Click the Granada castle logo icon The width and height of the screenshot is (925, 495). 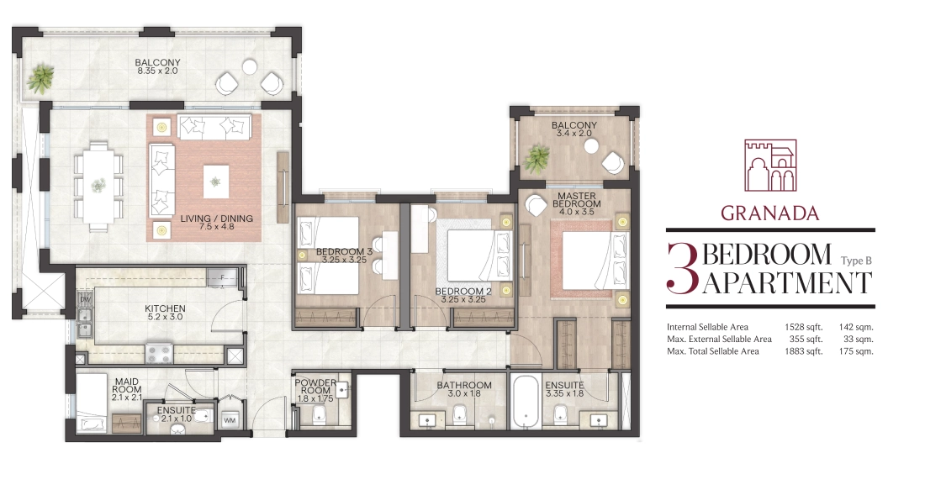coord(769,166)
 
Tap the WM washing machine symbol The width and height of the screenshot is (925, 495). coord(229,421)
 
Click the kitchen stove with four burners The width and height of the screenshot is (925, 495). coord(159,354)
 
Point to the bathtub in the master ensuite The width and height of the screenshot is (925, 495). coord(525,403)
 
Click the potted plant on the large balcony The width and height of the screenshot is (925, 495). coord(41,78)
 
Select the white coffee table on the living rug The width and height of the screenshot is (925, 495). coord(216,181)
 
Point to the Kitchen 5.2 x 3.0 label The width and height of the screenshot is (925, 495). coord(165,313)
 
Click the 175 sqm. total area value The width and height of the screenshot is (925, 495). coord(856,351)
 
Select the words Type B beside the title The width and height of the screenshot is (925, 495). coord(857,261)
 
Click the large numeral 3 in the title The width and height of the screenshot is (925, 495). coord(683,268)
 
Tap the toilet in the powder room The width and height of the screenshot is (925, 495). coord(319,415)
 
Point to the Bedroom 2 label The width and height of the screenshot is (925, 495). coord(463,295)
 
